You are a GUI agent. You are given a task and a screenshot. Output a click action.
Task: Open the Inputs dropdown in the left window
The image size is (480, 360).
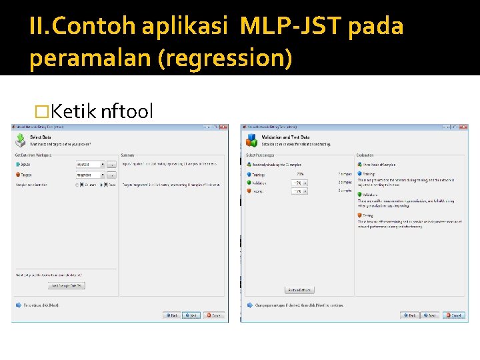(103, 164)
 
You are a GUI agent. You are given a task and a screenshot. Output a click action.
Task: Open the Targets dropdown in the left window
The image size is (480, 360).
(103, 175)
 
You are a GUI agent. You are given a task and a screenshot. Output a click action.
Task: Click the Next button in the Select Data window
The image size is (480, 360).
(191, 315)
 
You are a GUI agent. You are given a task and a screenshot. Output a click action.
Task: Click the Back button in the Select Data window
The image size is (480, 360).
(171, 315)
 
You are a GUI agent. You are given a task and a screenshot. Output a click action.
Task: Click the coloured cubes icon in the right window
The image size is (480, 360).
(252, 140)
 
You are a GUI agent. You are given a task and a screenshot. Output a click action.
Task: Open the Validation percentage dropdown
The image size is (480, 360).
(305, 183)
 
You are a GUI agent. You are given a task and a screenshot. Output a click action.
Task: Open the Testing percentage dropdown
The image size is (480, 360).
(305, 191)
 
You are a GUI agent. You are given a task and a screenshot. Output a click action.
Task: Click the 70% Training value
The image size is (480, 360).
(300, 174)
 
